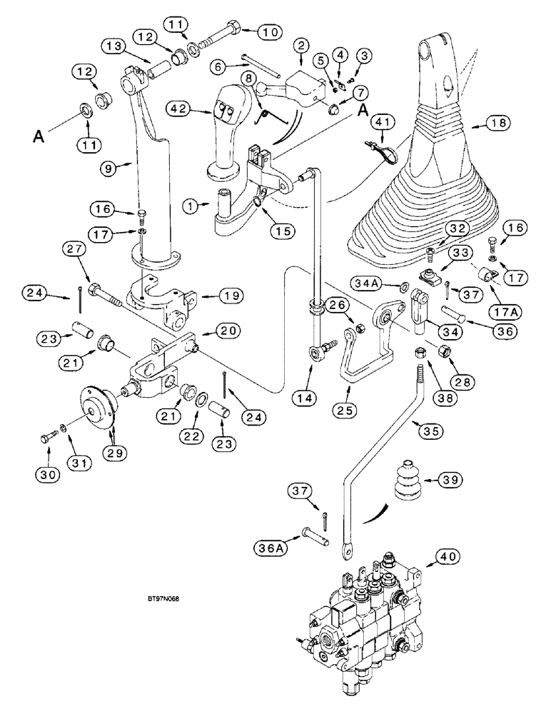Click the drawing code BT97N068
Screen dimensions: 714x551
coord(159,599)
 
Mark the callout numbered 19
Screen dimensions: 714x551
coord(213,295)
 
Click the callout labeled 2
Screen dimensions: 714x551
coord(303,46)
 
